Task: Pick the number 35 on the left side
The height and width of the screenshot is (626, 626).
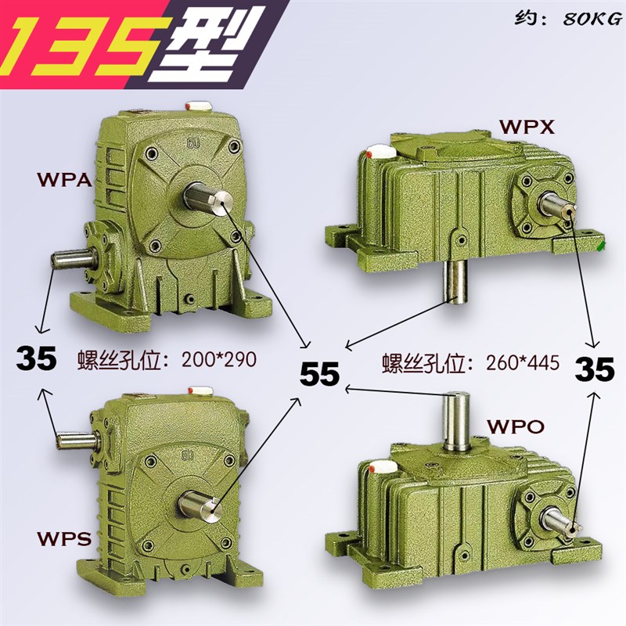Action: pos(37,358)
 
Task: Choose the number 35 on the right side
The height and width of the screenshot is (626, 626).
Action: pos(595,369)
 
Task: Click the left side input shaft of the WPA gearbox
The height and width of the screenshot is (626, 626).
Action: pos(69,257)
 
